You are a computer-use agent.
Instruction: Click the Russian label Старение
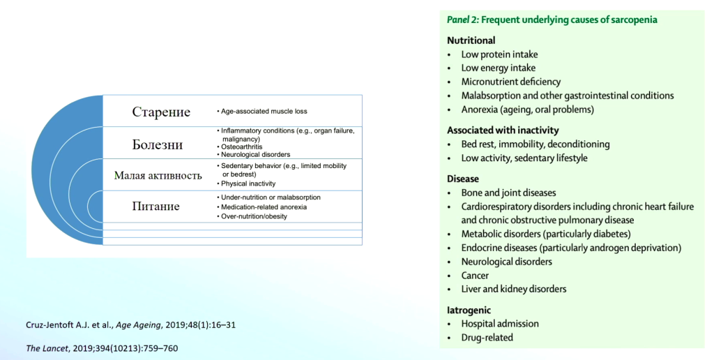(161, 112)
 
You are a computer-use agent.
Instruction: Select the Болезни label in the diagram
(158, 144)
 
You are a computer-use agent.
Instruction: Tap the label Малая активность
(158, 175)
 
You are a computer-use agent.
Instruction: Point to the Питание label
(156, 206)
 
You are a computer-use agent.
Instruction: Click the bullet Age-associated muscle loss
(264, 111)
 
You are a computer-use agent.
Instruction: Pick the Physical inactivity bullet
(248, 183)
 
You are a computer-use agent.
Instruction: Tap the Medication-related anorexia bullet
(264, 207)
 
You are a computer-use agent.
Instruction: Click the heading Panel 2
(463, 20)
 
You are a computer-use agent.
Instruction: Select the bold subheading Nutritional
(471, 40)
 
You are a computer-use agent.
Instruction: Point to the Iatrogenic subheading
(469, 310)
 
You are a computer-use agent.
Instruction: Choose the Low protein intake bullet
(499, 54)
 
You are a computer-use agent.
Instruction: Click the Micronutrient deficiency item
(510, 82)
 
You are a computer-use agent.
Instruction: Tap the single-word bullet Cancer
(475, 276)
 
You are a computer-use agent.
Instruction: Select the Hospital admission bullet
(500, 324)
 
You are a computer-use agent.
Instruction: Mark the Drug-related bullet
(487, 338)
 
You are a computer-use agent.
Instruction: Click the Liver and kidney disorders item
(513, 289)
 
